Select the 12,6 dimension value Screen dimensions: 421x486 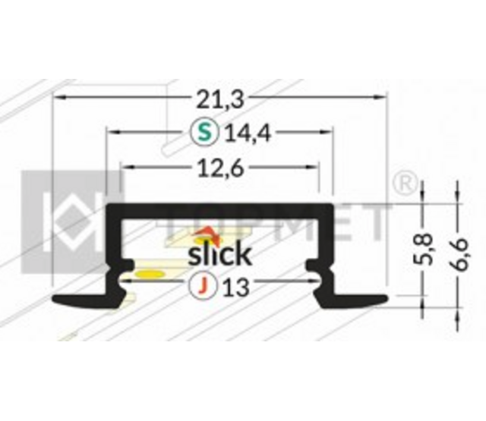(x=219, y=169)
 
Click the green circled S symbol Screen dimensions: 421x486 (x=203, y=134)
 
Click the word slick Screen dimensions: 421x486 (x=219, y=252)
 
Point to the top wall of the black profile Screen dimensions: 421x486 (x=220, y=210)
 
